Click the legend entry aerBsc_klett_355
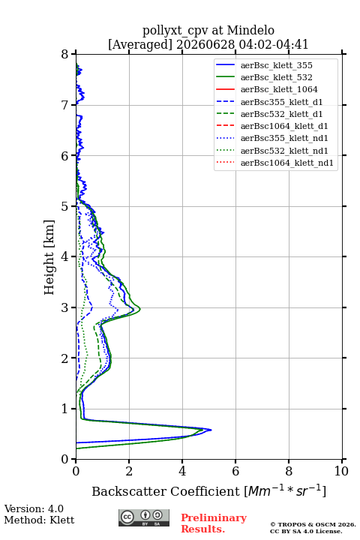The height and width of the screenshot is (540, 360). point(276,65)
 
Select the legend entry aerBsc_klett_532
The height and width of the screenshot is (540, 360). point(276,77)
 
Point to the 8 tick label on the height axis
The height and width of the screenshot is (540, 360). point(65,54)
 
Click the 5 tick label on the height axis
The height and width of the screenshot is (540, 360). point(65,206)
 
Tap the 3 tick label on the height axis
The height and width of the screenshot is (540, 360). point(65,307)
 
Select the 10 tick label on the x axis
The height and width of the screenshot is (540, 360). point(341,471)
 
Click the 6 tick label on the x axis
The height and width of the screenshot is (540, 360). point(235,471)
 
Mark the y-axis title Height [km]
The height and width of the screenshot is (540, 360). point(49,257)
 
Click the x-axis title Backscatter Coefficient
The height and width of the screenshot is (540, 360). point(166,491)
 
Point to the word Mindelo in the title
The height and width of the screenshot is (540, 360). point(250,30)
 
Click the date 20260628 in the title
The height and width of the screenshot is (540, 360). point(205,44)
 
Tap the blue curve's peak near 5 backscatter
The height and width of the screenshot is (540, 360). point(211,430)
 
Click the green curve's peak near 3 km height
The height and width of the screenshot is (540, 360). point(139,308)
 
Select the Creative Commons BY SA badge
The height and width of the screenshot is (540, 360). point(144,517)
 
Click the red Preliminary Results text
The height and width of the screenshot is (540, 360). point(214,523)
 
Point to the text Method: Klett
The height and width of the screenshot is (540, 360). point(39,520)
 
